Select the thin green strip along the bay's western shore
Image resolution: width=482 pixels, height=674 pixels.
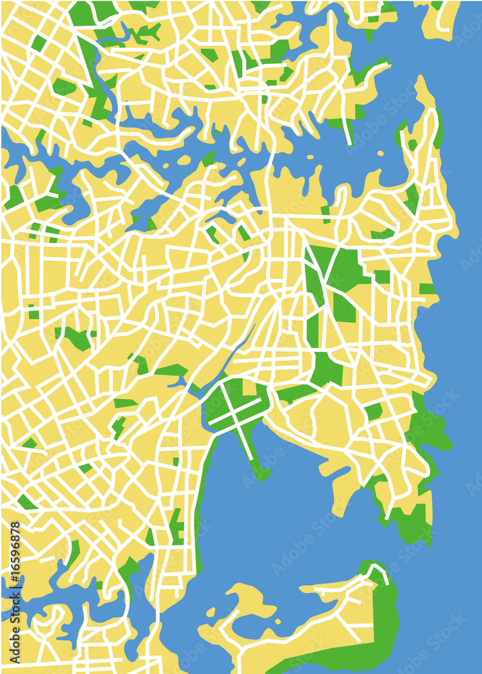point(201,499)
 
